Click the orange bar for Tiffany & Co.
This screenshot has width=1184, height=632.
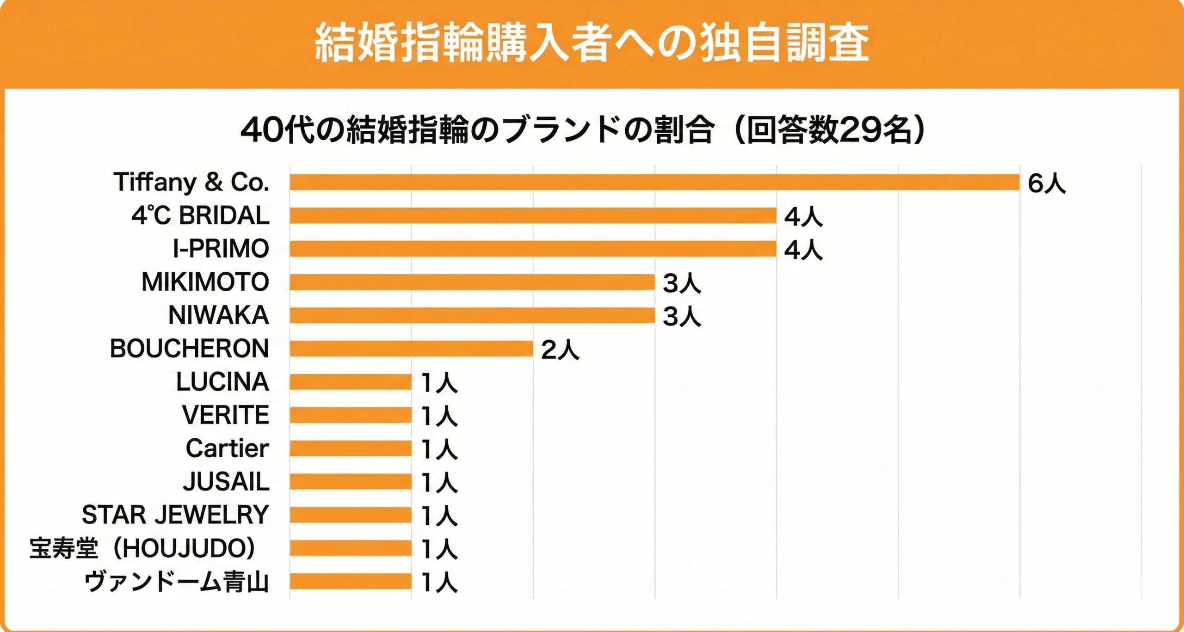654,182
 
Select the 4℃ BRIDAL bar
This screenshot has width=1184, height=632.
533,215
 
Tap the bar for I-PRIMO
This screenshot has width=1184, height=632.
533,249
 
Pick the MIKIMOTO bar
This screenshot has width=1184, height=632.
472,282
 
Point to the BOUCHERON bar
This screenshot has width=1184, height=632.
411,349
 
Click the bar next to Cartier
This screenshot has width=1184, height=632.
351,448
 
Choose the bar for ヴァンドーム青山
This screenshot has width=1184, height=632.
351,582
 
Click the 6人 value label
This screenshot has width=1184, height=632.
1046,184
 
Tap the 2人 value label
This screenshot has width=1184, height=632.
560,350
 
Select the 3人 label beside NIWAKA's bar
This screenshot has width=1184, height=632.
682,317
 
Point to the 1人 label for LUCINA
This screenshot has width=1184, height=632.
439,383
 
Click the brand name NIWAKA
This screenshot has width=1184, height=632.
218,315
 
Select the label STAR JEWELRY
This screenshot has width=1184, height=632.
175,515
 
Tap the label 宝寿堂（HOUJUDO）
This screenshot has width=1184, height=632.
142,548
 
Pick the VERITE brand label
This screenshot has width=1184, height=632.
225,415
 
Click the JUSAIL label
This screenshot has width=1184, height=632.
226,482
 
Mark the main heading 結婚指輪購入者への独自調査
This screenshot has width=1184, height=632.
592,43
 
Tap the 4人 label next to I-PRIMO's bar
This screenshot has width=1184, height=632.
803,250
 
